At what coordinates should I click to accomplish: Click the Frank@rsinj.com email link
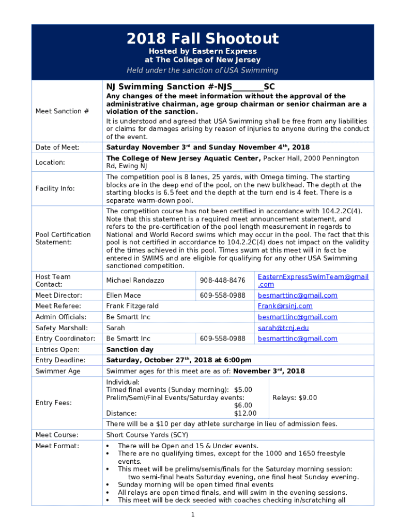point(285,306)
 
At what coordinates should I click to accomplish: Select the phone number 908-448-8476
point(222,280)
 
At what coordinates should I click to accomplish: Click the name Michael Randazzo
point(135,280)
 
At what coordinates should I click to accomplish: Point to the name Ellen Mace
point(123,295)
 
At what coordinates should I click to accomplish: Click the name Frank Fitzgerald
point(132,306)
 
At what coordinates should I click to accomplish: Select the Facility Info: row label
point(56,188)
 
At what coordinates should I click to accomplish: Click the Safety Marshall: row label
point(62,328)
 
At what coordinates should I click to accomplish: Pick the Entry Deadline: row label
point(60,360)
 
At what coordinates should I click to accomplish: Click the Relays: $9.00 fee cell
point(295,397)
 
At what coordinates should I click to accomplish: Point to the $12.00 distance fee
point(245,413)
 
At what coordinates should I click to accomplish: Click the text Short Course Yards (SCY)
point(147,435)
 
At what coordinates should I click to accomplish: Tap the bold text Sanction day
point(130,349)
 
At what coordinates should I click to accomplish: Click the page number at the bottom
point(192,514)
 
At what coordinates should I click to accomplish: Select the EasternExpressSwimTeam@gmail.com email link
point(313,281)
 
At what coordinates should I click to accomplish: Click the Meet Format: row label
point(57,446)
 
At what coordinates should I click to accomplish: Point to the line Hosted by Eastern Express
point(203,51)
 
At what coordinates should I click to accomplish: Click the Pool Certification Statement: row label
point(63,238)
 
